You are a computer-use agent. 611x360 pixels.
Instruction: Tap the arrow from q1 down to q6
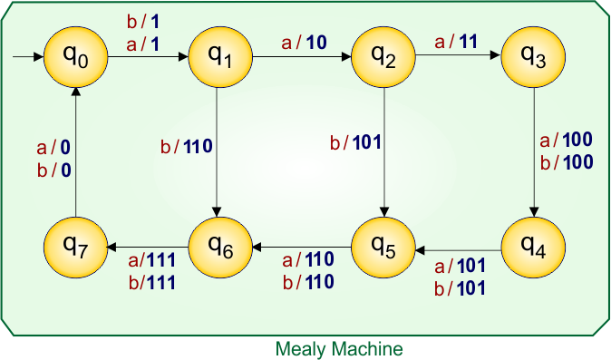pos(219,154)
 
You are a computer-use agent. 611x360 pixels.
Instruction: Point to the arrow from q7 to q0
pos(75,154)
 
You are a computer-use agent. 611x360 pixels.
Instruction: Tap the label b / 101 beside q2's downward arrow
pos(354,141)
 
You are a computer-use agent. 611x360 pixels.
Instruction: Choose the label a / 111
pos(150,260)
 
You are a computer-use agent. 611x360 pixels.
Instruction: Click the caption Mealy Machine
pos(339,348)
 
